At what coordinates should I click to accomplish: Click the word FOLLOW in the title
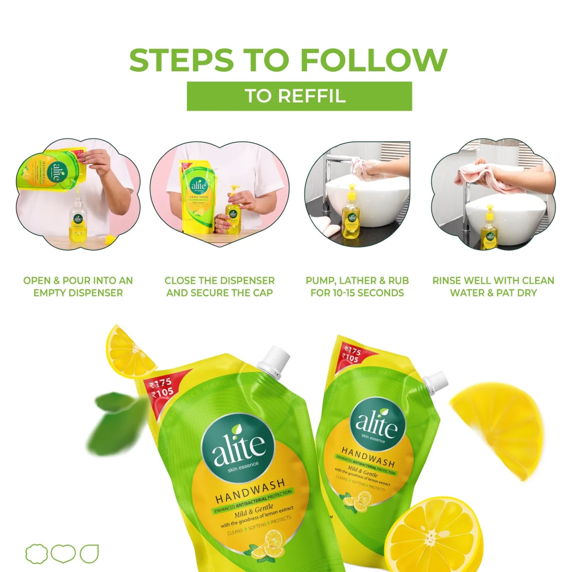(x=374, y=60)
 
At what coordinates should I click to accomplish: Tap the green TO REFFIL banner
(x=299, y=96)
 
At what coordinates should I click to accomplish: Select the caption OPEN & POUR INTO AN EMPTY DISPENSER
(x=78, y=287)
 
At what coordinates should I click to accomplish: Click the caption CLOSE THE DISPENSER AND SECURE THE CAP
(x=219, y=287)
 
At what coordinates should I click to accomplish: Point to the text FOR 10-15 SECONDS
(x=357, y=293)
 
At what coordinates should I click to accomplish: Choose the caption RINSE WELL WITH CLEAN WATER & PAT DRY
(x=493, y=287)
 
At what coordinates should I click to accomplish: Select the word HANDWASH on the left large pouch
(x=250, y=491)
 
